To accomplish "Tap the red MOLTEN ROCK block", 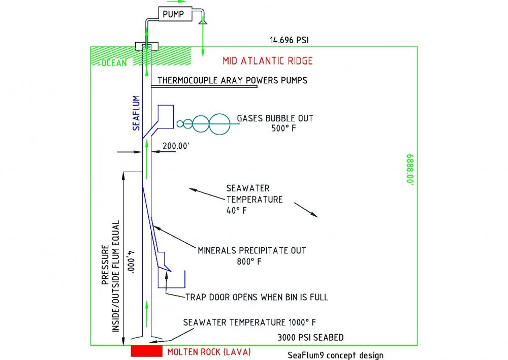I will point(146,351).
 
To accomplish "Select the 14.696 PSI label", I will point(289,39).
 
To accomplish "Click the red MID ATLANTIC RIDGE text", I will point(267,61).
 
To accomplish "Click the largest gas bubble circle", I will point(219,124).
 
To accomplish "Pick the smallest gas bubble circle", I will point(180,123).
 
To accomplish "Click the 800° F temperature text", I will point(245,262).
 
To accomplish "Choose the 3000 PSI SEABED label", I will point(310,337).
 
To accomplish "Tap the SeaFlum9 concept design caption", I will point(335,355).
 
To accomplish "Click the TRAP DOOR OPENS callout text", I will point(257,297).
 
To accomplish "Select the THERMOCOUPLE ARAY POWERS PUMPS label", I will point(232,80).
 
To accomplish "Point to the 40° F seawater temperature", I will point(236,210).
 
